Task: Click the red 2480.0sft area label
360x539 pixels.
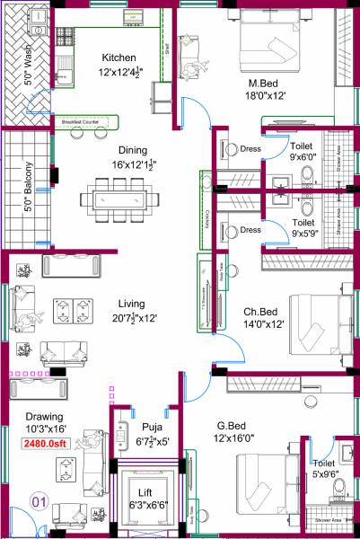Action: pyautogui.click(x=46, y=443)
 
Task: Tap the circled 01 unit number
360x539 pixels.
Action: pyautogui.click(x=39, y=500)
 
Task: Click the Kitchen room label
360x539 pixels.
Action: pyautogui.click(x=119, y=57)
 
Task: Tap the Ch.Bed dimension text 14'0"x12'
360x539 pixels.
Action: pyautogui.click(x=263, y=326)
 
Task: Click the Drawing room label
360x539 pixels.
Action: pyautogui.click(x=44, y=416)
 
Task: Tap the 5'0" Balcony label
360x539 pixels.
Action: pyautogui.click(x=29, y=186)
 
